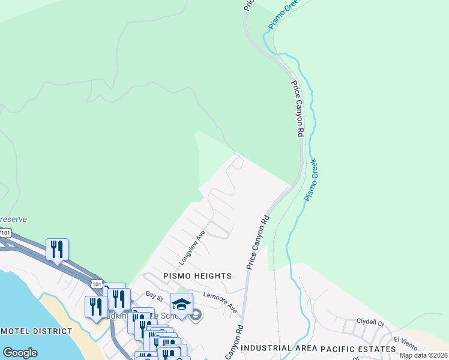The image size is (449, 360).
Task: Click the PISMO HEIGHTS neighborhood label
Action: pos(197,276)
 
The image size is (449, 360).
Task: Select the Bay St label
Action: pos(154,295)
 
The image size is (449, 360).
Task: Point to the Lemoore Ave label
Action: pos(220,301)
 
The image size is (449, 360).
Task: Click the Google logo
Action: pos(20,353)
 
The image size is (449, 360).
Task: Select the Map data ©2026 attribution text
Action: pos(423,355)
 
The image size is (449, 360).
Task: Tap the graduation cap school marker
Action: pos(181,304)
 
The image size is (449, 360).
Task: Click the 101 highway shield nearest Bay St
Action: pos(95,283)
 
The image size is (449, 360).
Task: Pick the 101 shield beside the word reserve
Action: pos(6,232)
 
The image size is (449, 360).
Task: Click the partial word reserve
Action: pos(13,219)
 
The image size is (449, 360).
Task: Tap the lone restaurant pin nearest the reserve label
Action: pos(57,249)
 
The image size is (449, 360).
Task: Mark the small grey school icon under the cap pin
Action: pos(194,317)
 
